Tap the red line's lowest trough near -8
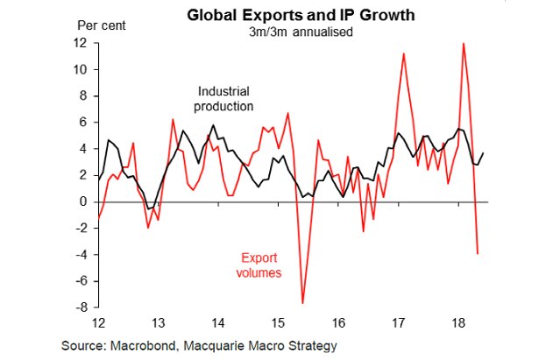[x=303, y=303]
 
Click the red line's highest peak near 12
[x=463, y=43]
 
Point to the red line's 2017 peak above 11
[x=404, y=53]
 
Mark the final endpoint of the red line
[x=478, y=253]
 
